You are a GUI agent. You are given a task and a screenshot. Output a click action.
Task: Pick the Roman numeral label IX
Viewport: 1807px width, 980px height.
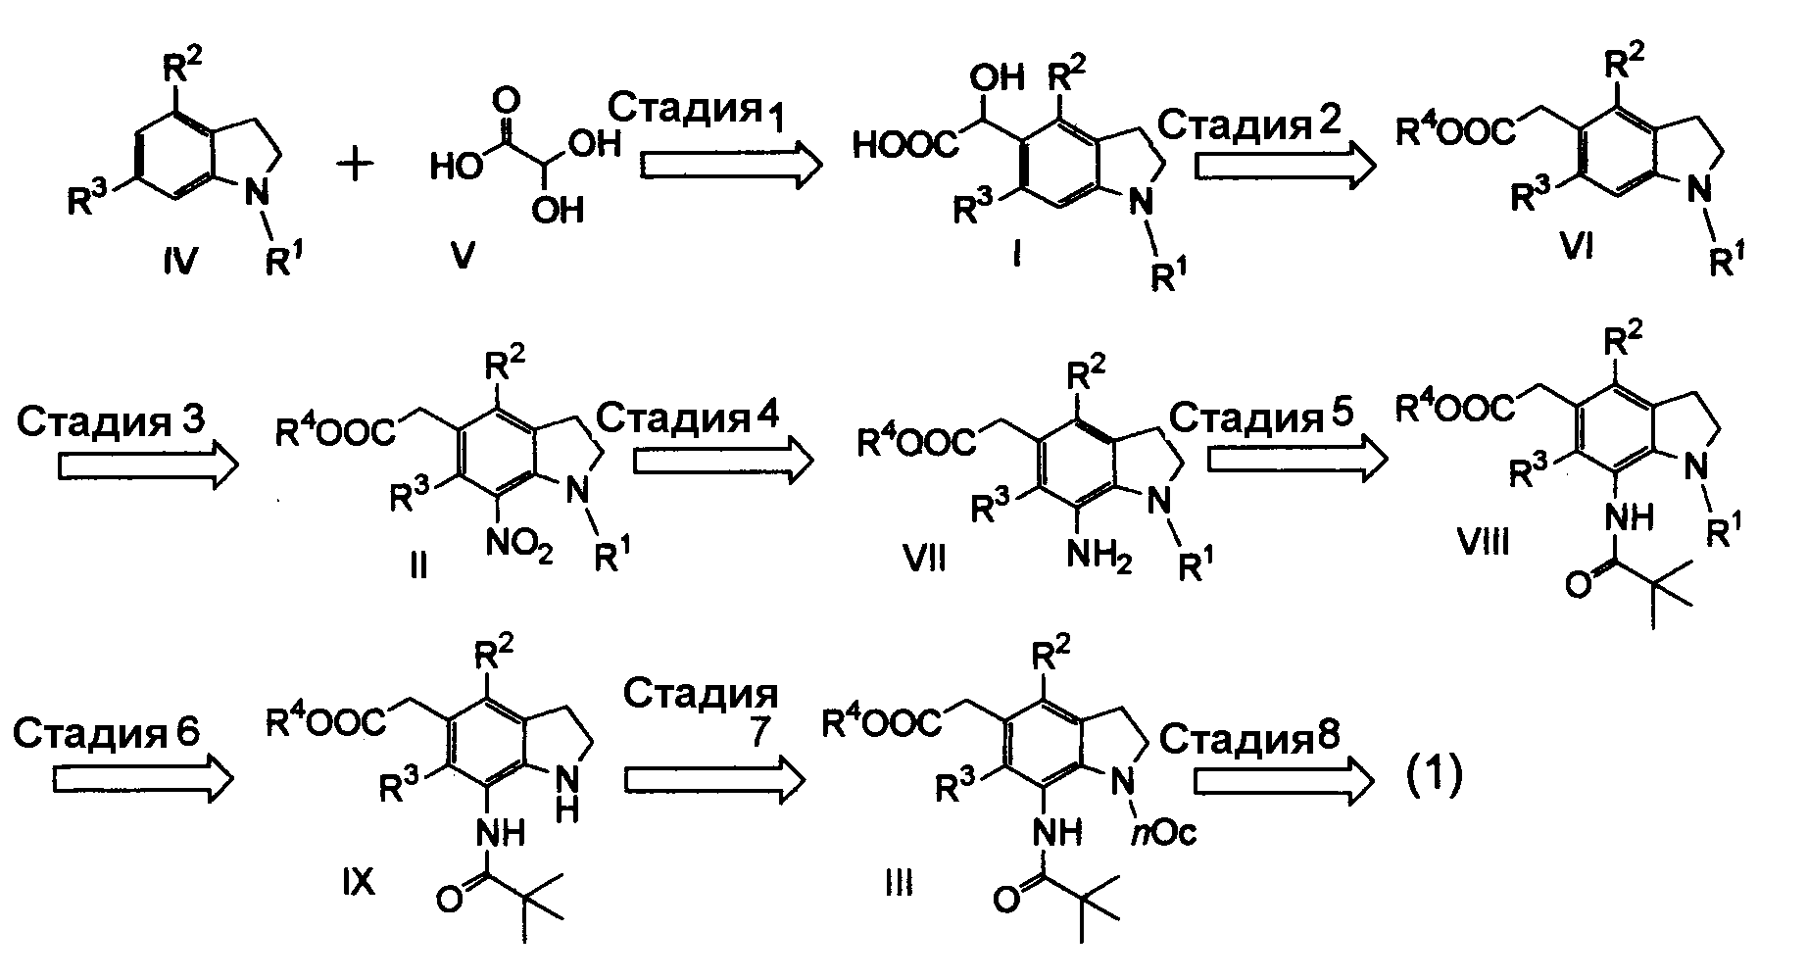(x=359, y=882)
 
